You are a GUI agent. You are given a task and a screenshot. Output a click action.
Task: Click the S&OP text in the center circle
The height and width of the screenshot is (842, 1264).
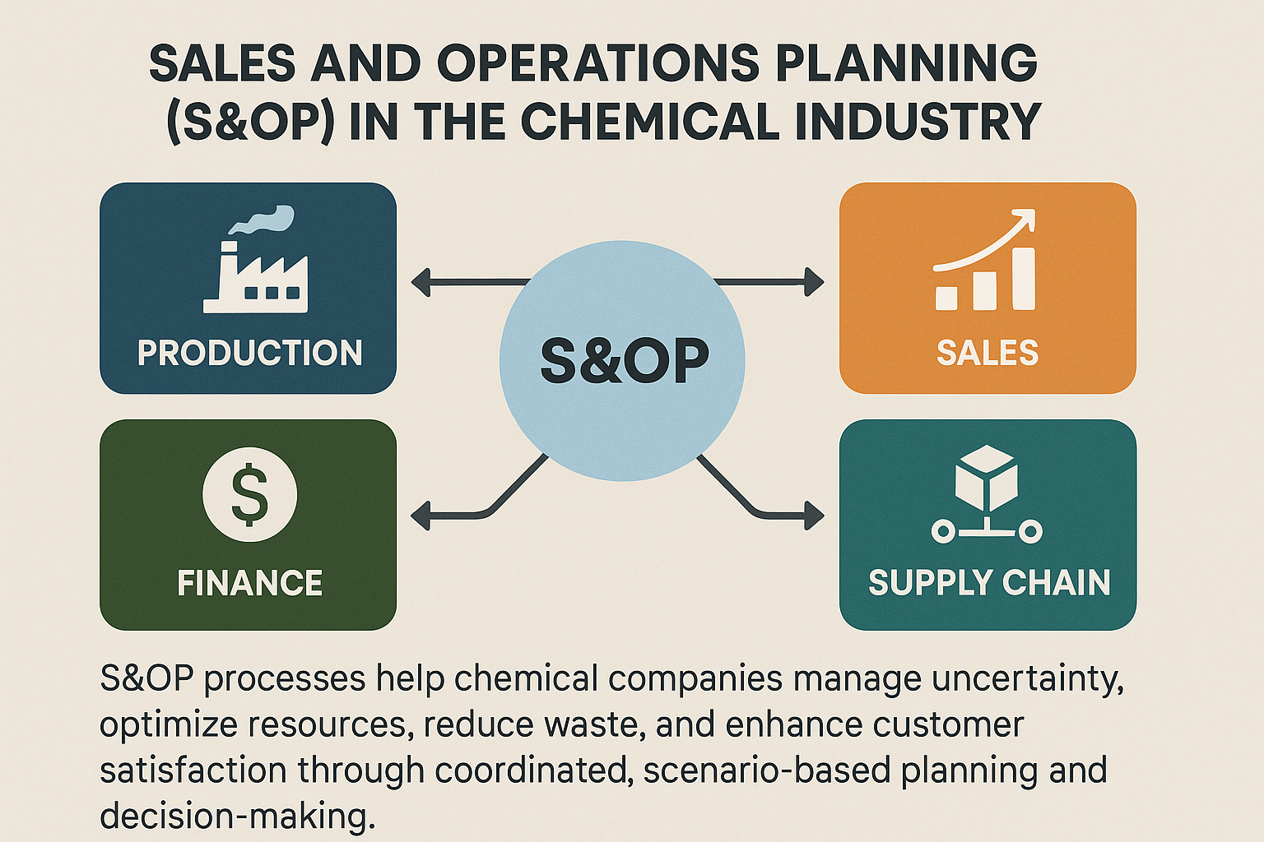click(x=624, y=360)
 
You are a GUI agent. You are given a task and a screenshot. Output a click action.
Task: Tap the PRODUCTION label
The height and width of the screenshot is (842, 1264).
click(x=249, y=353)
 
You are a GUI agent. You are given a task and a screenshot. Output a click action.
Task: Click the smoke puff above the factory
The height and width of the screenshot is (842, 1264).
click(x=261, y=220)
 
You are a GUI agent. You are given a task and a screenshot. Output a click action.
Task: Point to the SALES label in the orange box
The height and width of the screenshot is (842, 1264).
click(x=987, y=353)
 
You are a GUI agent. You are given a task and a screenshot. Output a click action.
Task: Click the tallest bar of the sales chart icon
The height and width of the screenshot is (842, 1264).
click(x=1024, y=279)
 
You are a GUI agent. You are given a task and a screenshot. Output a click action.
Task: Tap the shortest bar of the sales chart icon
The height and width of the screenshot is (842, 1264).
click(x=946, y=298)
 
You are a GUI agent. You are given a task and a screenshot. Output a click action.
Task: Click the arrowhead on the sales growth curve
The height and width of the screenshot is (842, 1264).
click(x=1025, y=219)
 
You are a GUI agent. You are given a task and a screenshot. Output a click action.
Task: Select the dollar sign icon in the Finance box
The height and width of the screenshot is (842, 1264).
click(x=249, y=495)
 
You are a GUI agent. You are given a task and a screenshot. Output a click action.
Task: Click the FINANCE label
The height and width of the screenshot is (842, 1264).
click(x=249, y=583)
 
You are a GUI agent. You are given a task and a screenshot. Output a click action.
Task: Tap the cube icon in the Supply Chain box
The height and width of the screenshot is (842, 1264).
click(x=987, y=478)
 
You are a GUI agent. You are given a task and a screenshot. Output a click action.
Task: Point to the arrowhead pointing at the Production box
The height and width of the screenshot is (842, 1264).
click(x=421, y=282)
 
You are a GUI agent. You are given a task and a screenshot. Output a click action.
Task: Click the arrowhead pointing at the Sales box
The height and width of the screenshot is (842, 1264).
click(x=814, y=281)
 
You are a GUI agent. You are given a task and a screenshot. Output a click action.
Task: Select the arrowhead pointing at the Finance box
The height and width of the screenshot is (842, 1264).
click(x=421, y=516)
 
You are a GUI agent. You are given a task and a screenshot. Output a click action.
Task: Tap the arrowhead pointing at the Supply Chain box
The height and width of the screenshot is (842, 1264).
click(x=814, y=516)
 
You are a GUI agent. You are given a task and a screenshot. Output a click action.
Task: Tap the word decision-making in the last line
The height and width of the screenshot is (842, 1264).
click(x=238, y=816)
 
